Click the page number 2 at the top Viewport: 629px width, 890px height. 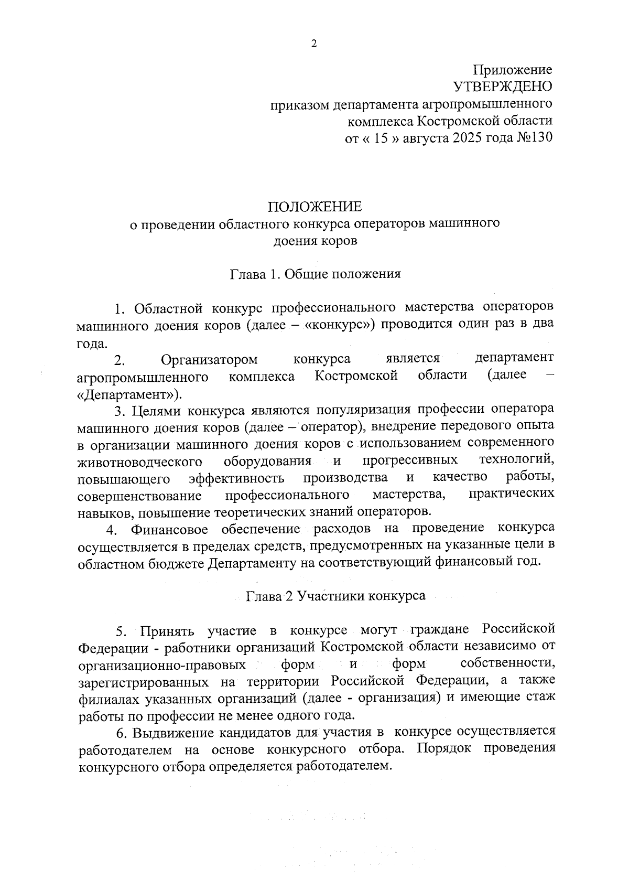click(314, 44)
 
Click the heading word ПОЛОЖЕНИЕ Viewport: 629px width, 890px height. click(315, 206)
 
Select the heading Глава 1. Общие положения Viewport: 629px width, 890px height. click(315, 274)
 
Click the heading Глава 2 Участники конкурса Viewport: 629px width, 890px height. click(336, 596)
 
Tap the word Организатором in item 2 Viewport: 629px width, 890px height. click(209, 359)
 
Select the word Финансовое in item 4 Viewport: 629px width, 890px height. click(169, 529)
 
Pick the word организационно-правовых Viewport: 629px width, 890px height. click(162, 665)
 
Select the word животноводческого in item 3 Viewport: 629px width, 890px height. click(140, 462)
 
